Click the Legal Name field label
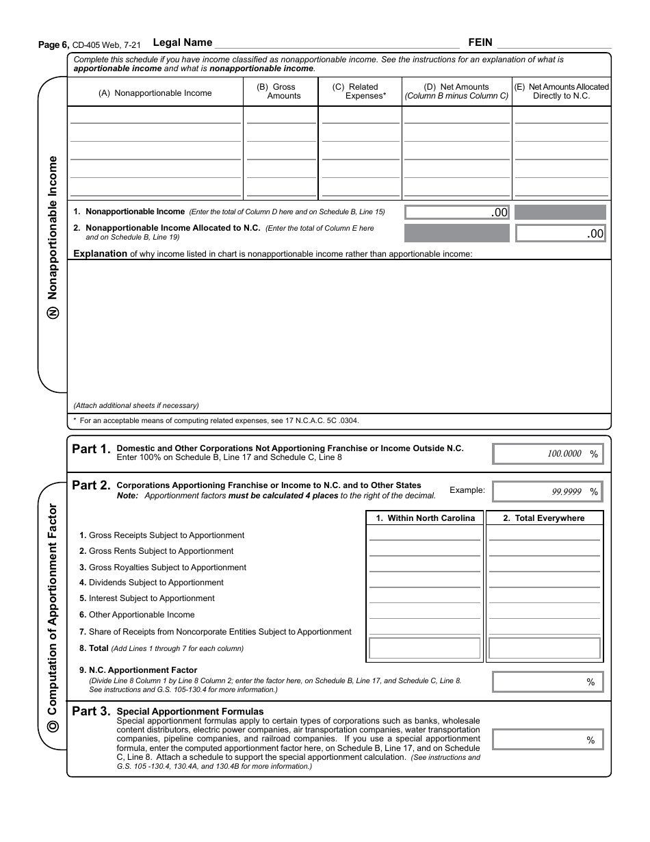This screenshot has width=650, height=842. tap(183, 42)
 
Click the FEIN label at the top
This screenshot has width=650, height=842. tap(480, 42)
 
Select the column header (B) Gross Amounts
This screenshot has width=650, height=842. tap(281, 92)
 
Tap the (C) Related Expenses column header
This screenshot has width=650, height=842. tap(359, 92)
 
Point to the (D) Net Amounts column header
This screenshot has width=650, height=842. tap(456, 92)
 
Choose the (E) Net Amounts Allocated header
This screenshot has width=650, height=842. tap(561, 92)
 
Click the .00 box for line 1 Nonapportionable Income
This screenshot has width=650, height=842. tap(457, 213)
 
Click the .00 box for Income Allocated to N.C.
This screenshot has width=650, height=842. tap(560, 233)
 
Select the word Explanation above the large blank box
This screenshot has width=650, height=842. tap(100, 254)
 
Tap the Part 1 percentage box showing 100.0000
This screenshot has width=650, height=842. tap(548, 454)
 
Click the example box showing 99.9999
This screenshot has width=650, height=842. tap(548, 492)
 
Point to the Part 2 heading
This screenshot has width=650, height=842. tap(90, 485)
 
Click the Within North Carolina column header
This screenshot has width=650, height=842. tap(425, 518)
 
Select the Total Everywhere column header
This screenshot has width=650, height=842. tap(544, 518)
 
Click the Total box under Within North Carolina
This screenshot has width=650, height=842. tap(425, 648)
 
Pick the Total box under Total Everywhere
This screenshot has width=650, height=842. tap(545, 648)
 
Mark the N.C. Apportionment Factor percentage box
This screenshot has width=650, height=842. tap(548, 682)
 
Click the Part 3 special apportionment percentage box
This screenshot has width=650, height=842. tap(548, 740)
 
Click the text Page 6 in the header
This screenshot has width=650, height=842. tap(53, 44)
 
